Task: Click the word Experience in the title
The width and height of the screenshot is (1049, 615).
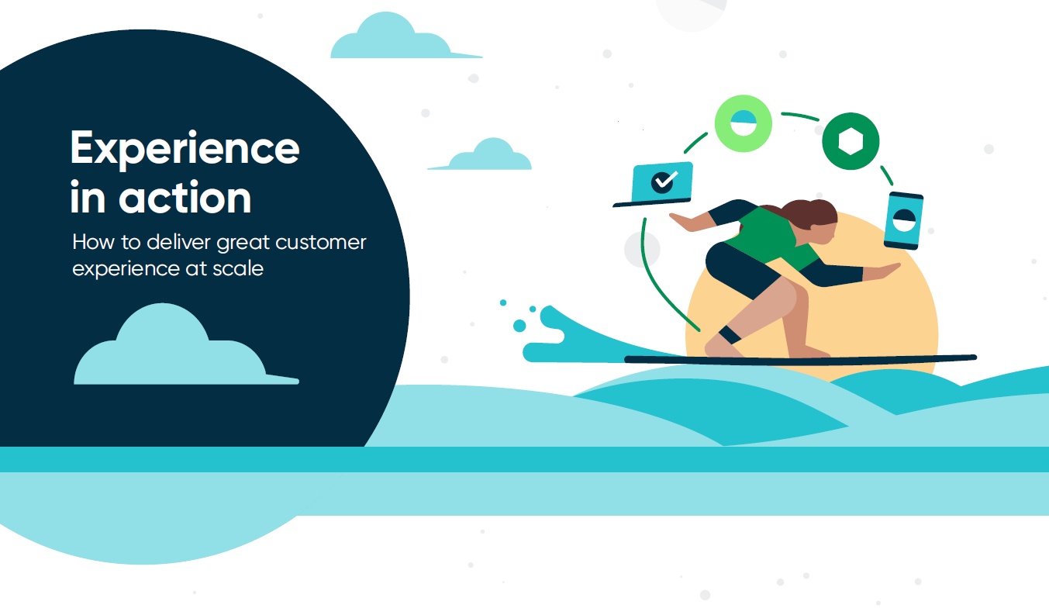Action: (x=185, y=148)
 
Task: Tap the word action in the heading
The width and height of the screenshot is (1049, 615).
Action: (x=185, y=197)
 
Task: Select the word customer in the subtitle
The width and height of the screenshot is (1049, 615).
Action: (x=321, y=242)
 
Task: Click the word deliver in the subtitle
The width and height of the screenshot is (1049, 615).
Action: (x=178, y=242)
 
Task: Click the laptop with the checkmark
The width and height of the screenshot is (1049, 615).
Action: (x=654, y=184)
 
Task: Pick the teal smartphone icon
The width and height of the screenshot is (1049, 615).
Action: (x=903, y=220)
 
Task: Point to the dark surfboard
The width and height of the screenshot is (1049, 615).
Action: (x=800, y=359)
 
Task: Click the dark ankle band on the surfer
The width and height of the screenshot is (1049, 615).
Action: (x=730, y=335)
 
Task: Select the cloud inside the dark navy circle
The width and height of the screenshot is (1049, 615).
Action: (x=186, y=347)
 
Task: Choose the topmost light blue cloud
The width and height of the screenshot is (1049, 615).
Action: (x=405, y=36)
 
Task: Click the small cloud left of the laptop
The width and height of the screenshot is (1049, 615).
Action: (x=481, y=155)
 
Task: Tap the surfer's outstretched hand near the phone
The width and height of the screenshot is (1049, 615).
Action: (x=883, y=271)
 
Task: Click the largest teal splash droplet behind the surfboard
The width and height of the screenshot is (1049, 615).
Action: (x=519, y=326)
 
